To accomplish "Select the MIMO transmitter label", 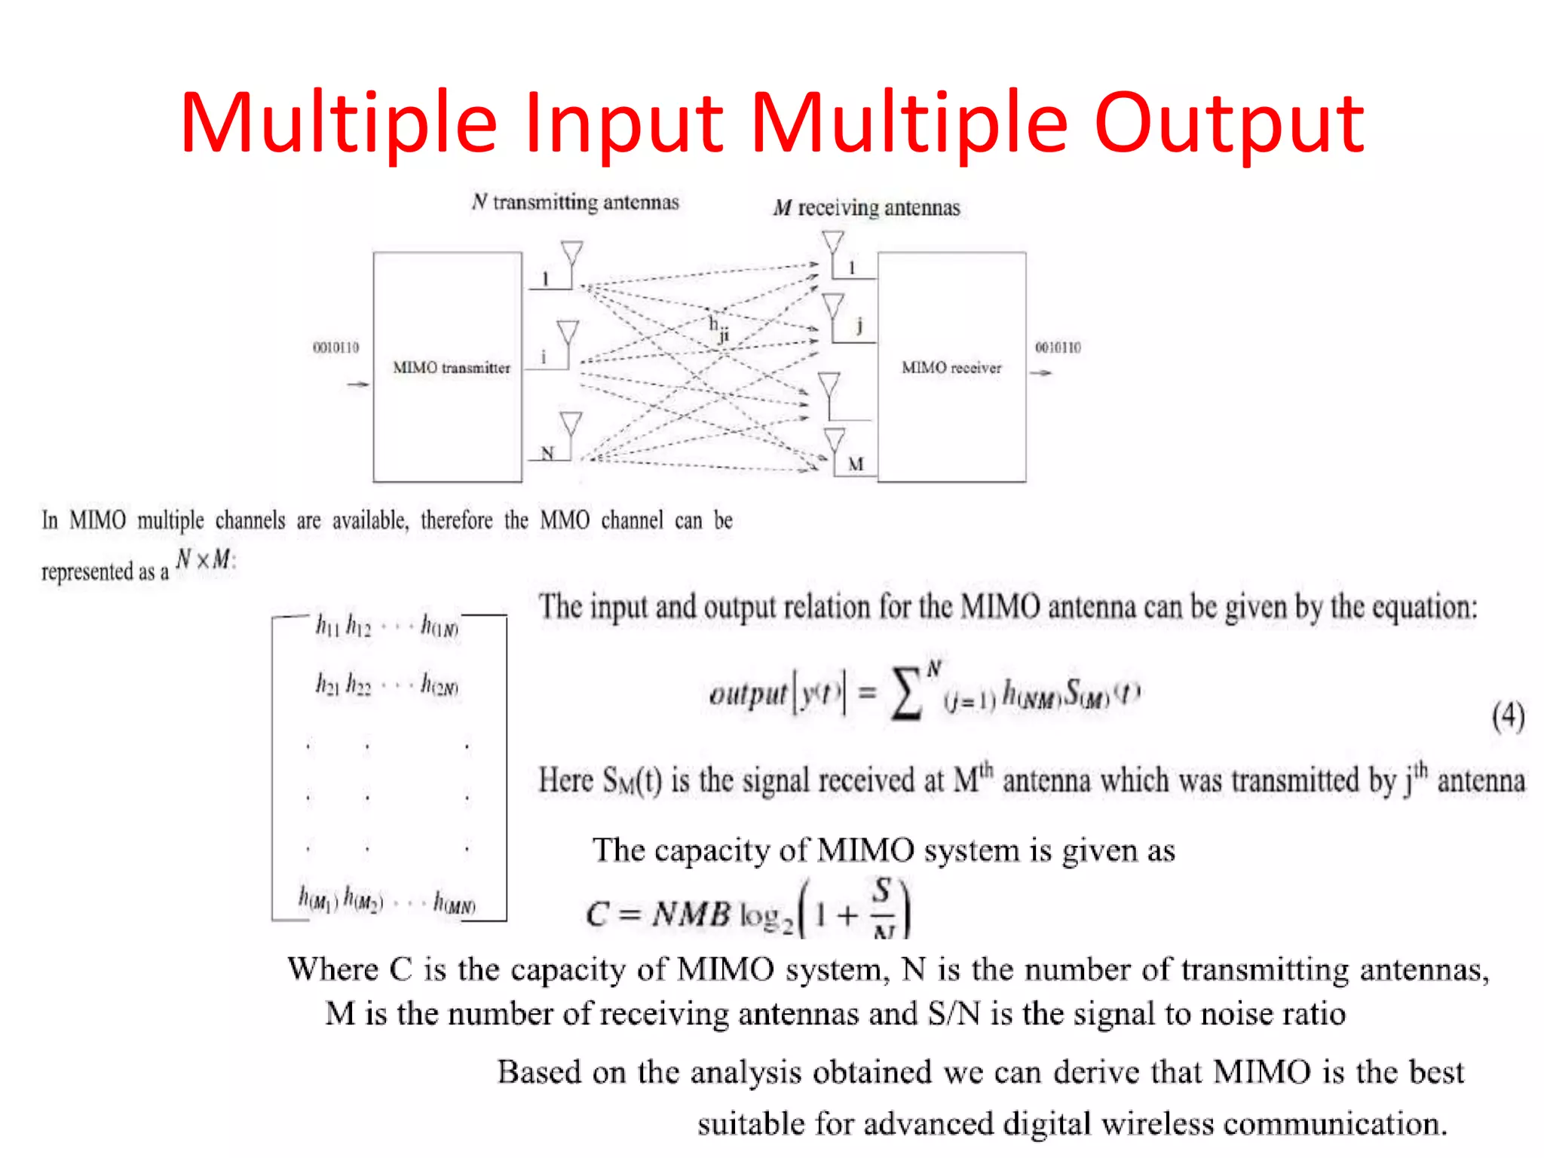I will pos(452,368).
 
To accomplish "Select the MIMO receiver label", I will pos(951,368).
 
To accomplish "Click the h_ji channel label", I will pos(719,329).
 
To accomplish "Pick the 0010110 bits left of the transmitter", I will pos(336,348).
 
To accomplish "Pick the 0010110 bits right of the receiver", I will pos(1058,348).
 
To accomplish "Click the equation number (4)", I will pos(1508,715).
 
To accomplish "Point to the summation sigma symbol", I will pos(907,694).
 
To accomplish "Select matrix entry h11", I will pos(327,625).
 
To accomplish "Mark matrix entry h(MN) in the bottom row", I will pos(454,902).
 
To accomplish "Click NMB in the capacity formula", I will pos(691,914).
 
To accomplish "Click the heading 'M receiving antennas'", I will pos(866,208).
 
